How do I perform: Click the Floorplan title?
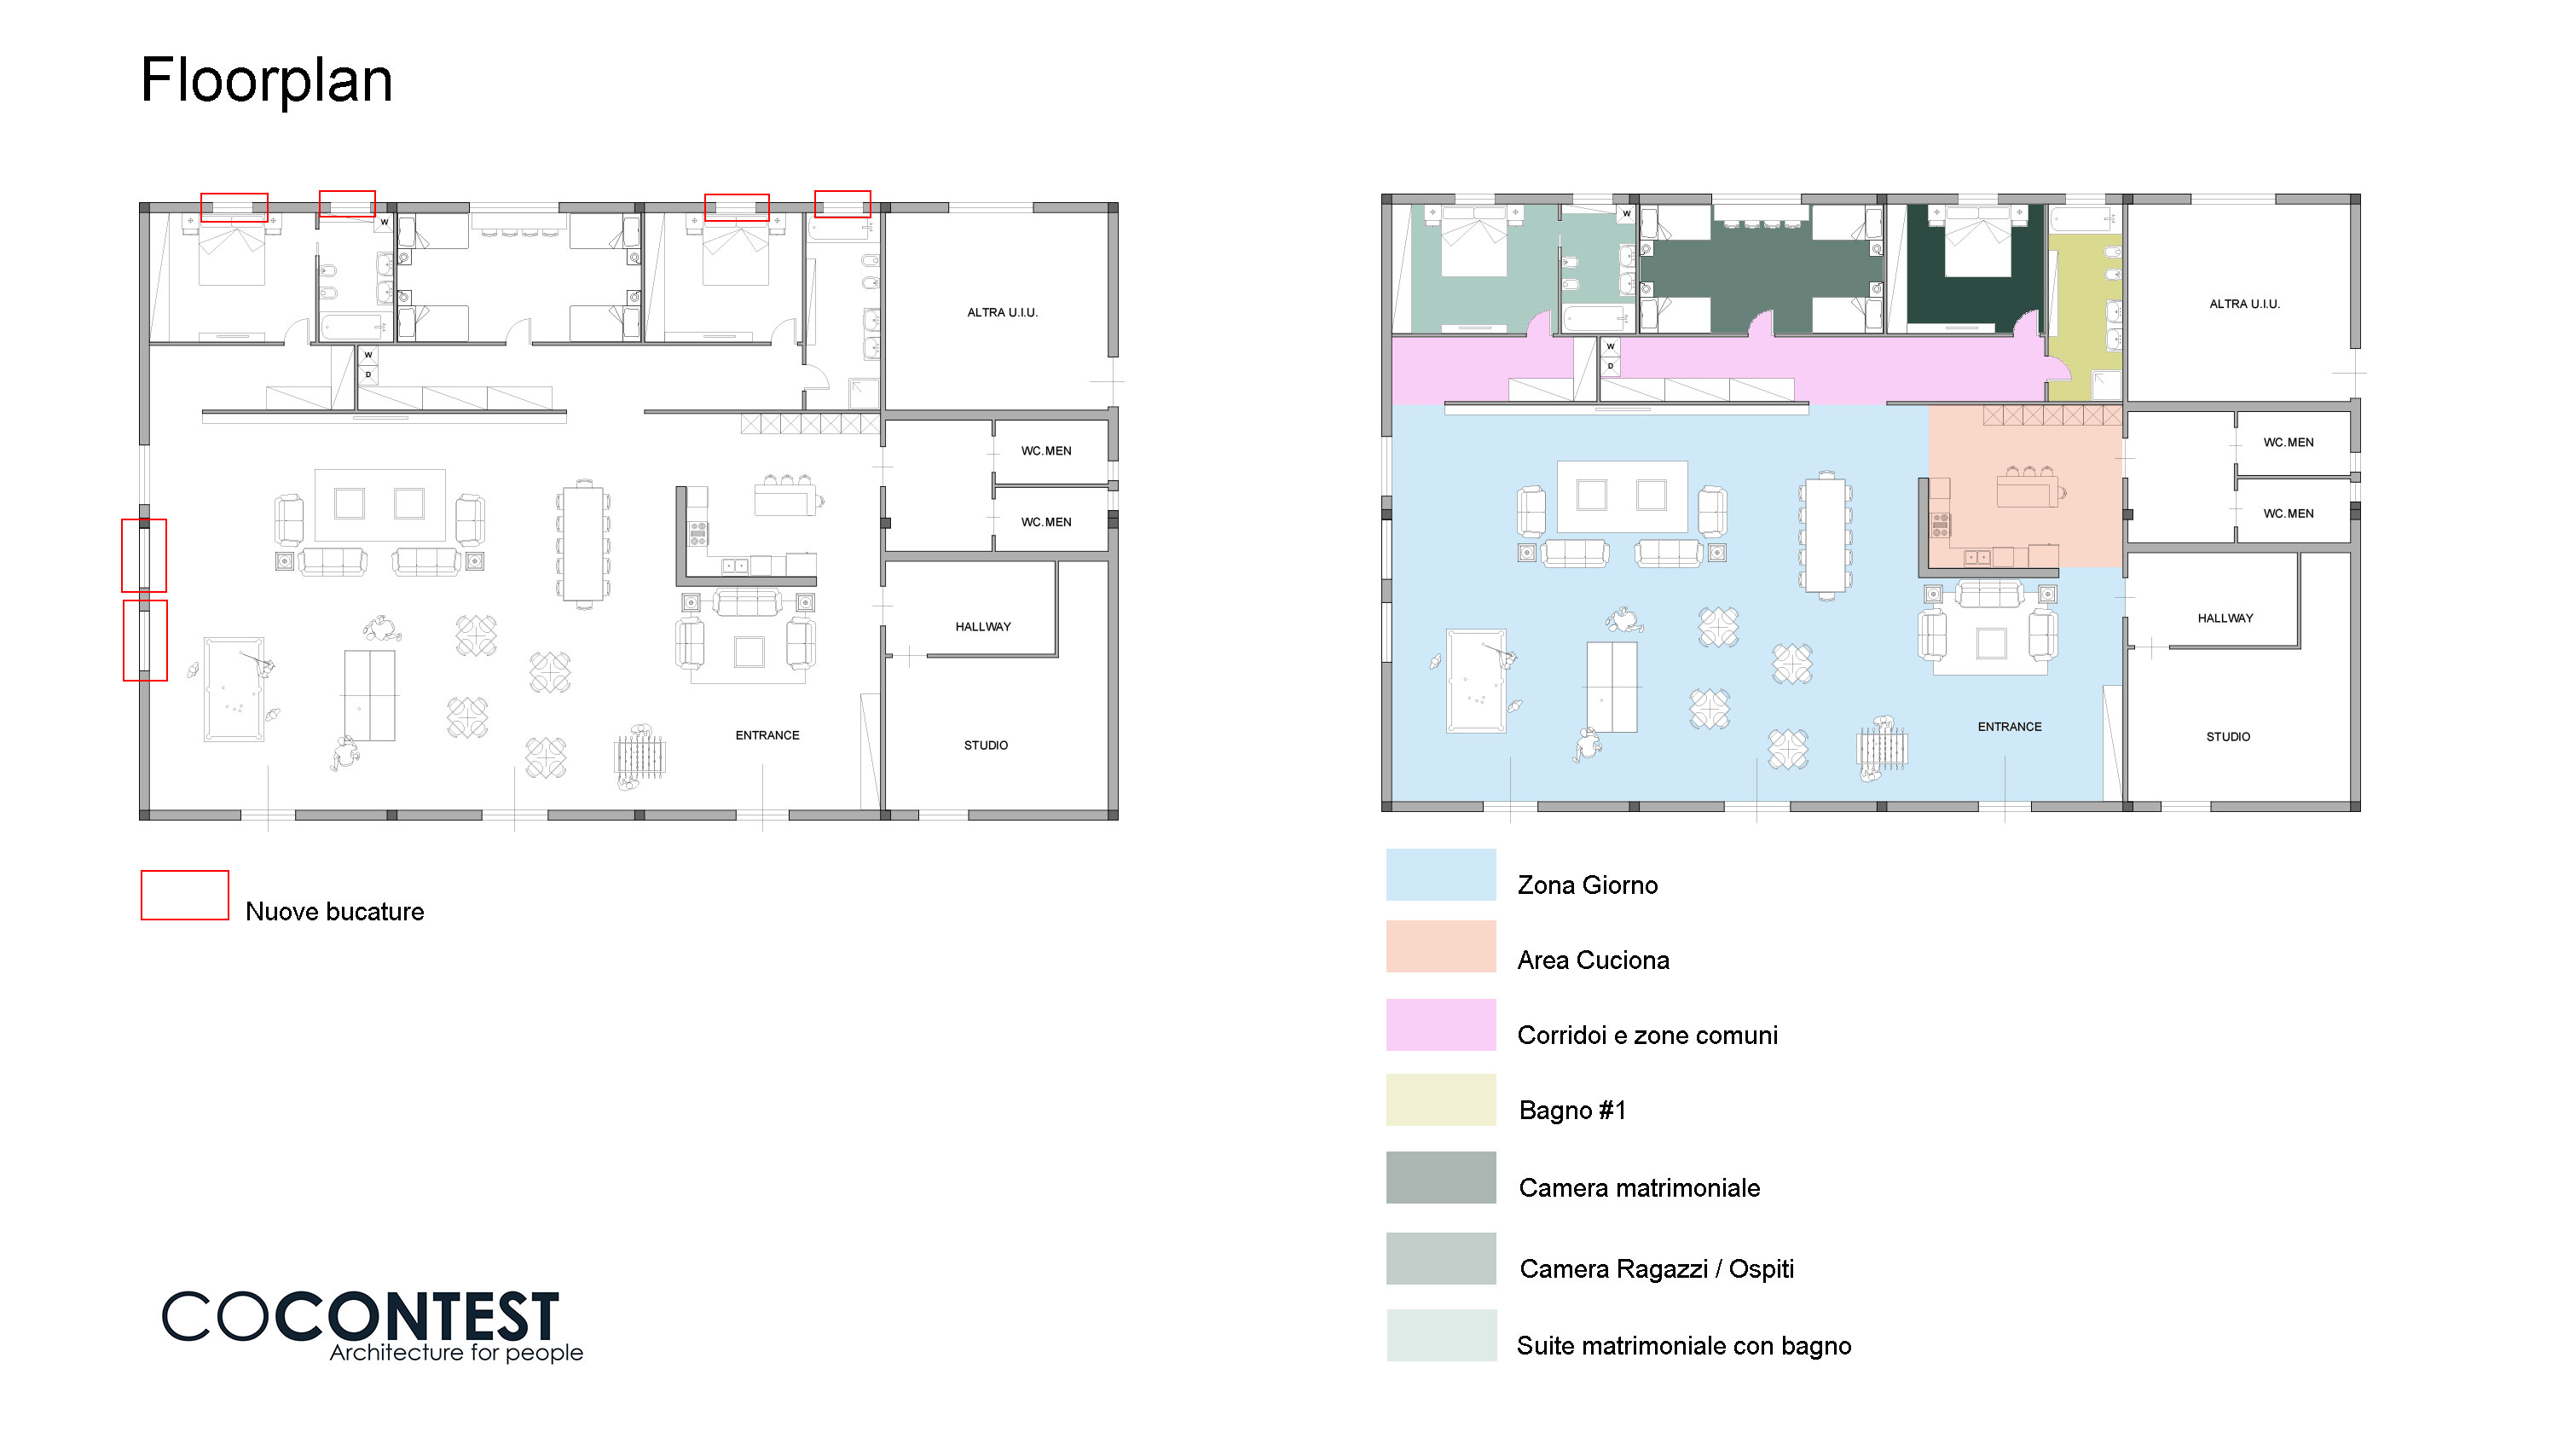266,79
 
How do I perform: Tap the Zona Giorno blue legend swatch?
1440,875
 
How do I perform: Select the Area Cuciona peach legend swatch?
1440,947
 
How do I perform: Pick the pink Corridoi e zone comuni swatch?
1440,1024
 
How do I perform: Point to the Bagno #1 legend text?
1572,1111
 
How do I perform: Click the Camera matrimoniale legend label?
1639,1187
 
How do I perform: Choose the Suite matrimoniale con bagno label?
1683,1346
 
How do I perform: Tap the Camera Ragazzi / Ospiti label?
1657,1269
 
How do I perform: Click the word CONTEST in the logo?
417,1317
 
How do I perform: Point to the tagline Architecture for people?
456,1353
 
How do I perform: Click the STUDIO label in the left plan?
985,745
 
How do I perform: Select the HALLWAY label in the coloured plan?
2225,618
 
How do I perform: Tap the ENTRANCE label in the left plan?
767,735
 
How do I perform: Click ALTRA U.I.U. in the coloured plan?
2244,304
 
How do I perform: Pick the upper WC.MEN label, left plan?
1045,451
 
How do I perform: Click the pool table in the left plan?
234,689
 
